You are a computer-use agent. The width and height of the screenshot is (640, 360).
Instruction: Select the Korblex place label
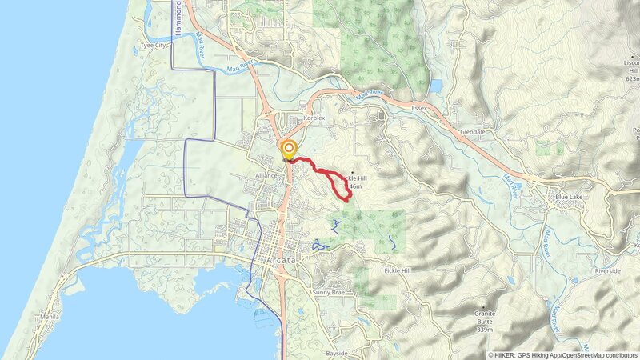pyautogui.click(x=314, y=118)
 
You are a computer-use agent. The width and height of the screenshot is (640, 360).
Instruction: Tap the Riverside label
pyautogui.click(x=607, y=271)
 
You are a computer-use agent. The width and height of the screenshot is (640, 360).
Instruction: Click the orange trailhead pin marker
pyautogui.click(x=288, y=150)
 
